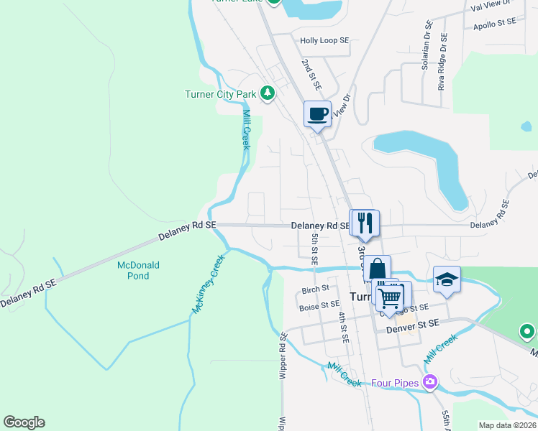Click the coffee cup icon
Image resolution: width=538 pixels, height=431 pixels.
click(x=318, y=113)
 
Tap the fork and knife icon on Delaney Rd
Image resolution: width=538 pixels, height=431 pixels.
click(x=365, y=222)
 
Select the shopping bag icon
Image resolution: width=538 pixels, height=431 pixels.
click(x=377, y=269)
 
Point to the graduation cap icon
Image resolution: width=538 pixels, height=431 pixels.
click(x=447, y=279)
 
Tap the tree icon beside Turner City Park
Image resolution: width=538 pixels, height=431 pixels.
click(x=268, y=93)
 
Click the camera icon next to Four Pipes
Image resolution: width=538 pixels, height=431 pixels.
click(x=430, y=382)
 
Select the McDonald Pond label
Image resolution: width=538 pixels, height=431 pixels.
click(x=138, y=270)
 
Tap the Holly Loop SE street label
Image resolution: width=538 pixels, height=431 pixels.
click(x=324, y=41)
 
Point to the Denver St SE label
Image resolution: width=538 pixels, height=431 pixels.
click(x=412, y=325)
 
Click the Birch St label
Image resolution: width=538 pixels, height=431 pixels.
click(x=315, y=290)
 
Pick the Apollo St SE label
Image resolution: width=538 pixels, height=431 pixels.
click(x=495, y=22)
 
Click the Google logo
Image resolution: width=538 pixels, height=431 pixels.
click(x=24, y=422)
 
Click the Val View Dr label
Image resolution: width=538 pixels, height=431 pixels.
click(x=489, y=5)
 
